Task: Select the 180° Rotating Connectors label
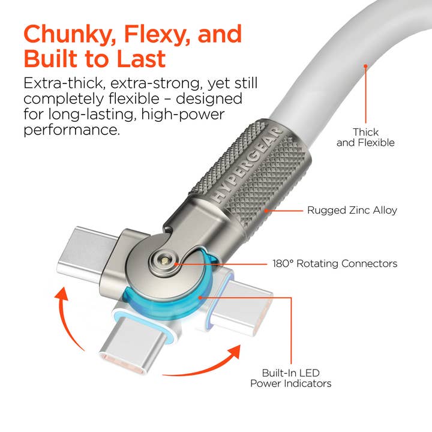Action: (334, 263)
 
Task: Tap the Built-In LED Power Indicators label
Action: (290, 377)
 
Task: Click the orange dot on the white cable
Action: (365, 66)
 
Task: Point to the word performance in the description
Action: (71, 128)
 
